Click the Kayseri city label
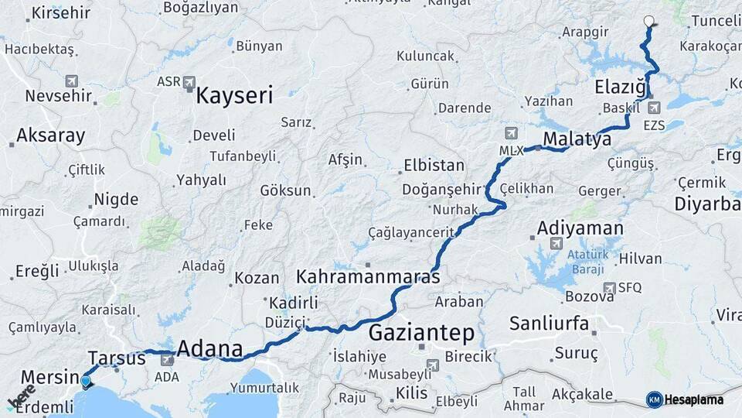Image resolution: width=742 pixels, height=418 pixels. (234, 96)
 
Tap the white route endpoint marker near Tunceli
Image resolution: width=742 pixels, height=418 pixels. (648, 22)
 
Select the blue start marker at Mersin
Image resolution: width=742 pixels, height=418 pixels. (86, 380)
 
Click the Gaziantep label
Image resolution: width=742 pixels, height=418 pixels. (421, 334)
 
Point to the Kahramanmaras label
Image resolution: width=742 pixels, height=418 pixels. (368, 276)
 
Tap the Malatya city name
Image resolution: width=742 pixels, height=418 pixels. (577, 139)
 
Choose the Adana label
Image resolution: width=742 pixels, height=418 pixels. (209, 348)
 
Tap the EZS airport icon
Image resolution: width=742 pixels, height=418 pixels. (655, 108)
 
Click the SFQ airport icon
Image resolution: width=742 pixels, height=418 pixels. (610, 287)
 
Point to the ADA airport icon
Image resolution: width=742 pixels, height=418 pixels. (167, 359)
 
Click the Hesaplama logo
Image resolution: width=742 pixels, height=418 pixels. (685, 399)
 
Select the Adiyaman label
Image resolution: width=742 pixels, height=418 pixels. (580, 228)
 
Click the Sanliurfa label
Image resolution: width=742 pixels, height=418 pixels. (549, 323)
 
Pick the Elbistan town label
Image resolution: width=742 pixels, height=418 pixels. (434, 166)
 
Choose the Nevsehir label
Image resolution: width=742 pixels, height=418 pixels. (59, 96)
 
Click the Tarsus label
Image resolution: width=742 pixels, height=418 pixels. (117, 358)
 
